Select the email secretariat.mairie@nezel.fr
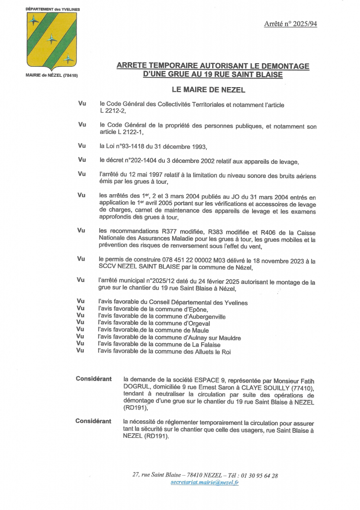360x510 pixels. tap(204, 483)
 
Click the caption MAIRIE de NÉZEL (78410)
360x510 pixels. tap(52, 75)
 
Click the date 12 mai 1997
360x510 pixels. tap(141, 174)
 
